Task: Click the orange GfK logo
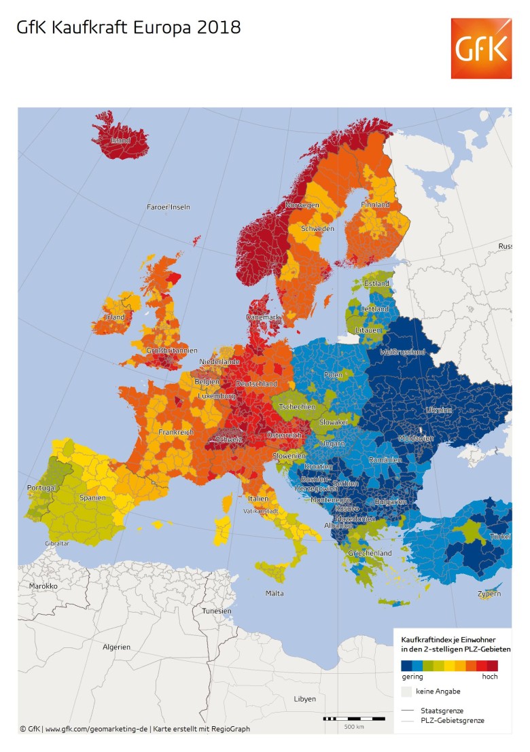[481, 48]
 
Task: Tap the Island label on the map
[120, 141]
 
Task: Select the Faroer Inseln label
[169, 207]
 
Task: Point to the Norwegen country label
[302, 205]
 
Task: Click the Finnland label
[375, 204]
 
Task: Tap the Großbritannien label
[172, 351]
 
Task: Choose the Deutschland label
[256, 384]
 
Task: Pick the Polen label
[334, 375]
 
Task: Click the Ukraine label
[438, 410]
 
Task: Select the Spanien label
[92, 497]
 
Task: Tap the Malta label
[275, 593]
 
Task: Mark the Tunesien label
[216, 611]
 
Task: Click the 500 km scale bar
[346, 718]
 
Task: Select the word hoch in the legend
[489, 677]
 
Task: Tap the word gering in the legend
[412, 677]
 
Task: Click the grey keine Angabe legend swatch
[406, 692]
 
